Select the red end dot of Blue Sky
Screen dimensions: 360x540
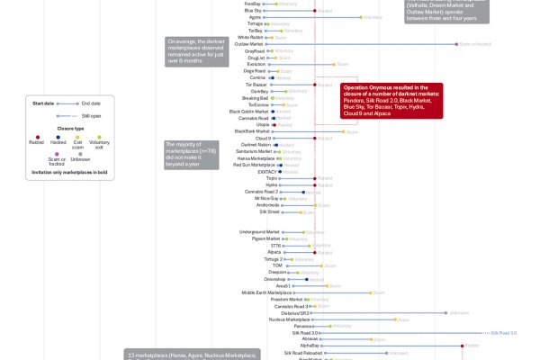[x=314, y=10]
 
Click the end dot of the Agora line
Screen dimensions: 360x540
[x=364, y=16]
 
